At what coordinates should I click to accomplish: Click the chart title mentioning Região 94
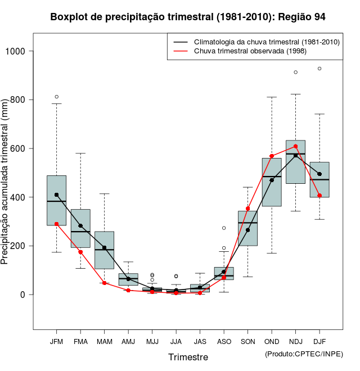click(x=187, y=17)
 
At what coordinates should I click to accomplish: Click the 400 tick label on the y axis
click(x=20, y=197)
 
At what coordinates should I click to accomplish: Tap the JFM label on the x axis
click(x=56, y=341)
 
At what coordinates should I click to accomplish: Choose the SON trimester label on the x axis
click(x=247, y=341)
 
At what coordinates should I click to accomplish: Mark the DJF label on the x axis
click(x=319, y=341)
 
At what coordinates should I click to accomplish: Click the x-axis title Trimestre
click(x=188, y=357)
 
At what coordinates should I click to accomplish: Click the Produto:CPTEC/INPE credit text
click(x=303, y=354)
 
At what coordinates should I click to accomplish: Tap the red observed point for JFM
click(x=56, y=224)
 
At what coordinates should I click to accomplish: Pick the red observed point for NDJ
click(x=295, y=146)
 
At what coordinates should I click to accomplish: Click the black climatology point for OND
click(x=272, y=180)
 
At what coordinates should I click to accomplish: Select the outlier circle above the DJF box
click(x=319, y=69)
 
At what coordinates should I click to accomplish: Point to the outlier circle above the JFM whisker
click(x=56, y=97)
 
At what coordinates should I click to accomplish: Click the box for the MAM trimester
click(x=104, y=250)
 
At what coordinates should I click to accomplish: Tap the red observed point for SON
click(x=247, y=209)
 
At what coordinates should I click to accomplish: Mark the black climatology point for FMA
click(x=80, y=226)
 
